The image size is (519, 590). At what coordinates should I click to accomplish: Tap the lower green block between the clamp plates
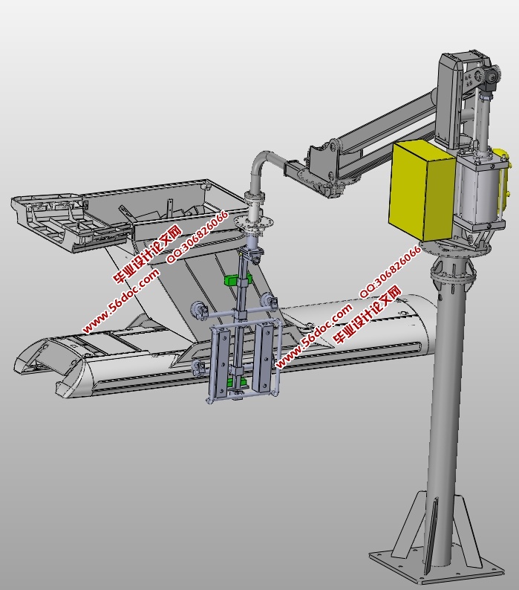(x=236, y=383)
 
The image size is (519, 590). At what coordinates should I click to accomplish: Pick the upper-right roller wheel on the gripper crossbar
(x=269, y=301)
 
